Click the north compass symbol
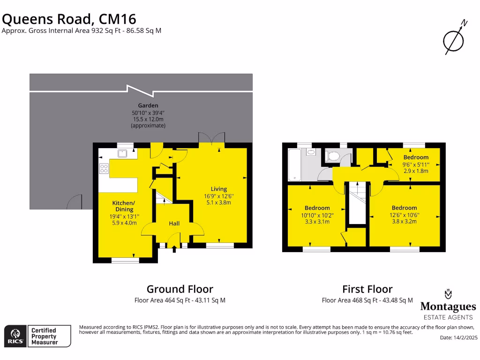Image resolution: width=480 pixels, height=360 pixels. point(454,40)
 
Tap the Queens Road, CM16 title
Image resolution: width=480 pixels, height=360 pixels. point(69,19)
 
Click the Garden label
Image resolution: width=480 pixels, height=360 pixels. point(148,105)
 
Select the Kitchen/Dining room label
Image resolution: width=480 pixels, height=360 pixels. point(122,206)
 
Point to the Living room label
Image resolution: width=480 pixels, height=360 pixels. point(218,189)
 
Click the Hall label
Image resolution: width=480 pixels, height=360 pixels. point(174,224)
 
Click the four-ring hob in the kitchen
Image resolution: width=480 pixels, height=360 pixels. point(104,169)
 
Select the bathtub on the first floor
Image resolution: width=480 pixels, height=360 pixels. point(295,165)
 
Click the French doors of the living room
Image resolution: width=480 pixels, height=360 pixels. point(211,140)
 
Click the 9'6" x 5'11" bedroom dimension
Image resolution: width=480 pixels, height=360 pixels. point(416,165)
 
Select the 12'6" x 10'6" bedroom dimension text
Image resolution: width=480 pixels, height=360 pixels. point(404,215)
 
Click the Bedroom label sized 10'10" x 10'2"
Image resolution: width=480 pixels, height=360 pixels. point(317,208)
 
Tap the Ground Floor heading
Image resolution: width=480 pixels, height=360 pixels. point(180,289)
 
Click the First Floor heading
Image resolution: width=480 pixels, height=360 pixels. point(367,289)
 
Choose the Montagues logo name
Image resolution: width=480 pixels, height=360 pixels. point(448,307)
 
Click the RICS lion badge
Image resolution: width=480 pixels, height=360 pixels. point(15,335)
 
